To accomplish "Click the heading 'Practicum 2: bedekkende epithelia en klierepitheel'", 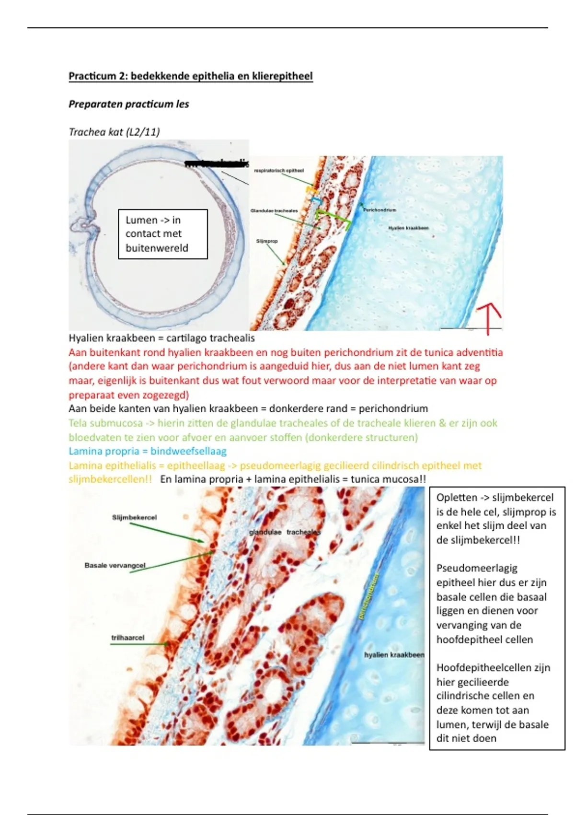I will pos(191,76).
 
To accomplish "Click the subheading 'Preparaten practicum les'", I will pos(128,104).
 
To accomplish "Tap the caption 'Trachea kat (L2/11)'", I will pos(114,132).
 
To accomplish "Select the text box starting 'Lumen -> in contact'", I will pos(162,234).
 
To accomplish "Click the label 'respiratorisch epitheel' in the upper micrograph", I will pos(278,170).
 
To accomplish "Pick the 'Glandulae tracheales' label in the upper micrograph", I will pos(274,210).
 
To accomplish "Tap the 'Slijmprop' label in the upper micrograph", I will pos(267,241).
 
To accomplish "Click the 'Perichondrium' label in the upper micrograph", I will pos(379,210).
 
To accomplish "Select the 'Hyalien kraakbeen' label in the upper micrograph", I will pos(408,228).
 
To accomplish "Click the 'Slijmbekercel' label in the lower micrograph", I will pos(134,517).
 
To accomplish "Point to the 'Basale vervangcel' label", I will pos(115,565).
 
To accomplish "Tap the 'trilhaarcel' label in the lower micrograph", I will pos(127,638).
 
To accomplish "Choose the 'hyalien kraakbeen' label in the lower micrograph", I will pos(394,655).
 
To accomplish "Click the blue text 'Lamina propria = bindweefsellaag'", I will pos(148,451).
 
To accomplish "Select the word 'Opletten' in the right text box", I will pos(457,498).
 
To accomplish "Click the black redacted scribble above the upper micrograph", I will pos(217,164).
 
